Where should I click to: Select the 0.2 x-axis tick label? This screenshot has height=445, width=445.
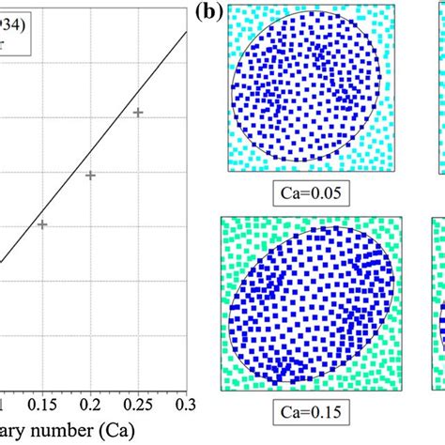point(90,403)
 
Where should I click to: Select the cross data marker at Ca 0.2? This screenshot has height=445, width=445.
point(90,175)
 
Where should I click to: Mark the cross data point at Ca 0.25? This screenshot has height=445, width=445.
point(138,113)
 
